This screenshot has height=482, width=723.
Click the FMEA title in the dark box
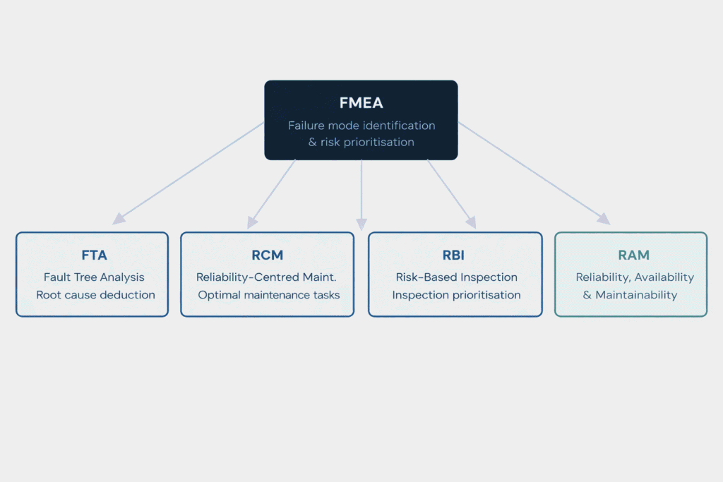point(361,103)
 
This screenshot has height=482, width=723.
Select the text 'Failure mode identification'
point(361,126)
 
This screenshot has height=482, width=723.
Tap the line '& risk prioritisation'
point(361,143)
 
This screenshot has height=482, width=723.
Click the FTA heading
point(94,255)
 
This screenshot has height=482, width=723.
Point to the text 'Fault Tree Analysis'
point(94,277)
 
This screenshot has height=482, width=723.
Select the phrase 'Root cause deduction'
point(95,295)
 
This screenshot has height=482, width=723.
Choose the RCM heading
point(267,255)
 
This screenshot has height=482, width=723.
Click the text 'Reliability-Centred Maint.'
point(267,277)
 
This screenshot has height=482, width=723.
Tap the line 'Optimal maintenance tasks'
point(268,295)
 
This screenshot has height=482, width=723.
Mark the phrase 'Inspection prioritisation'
point(456,295)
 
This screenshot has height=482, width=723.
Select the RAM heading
point(633,255)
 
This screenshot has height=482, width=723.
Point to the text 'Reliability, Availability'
point(634,277)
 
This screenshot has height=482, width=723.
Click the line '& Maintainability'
point(630,295)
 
